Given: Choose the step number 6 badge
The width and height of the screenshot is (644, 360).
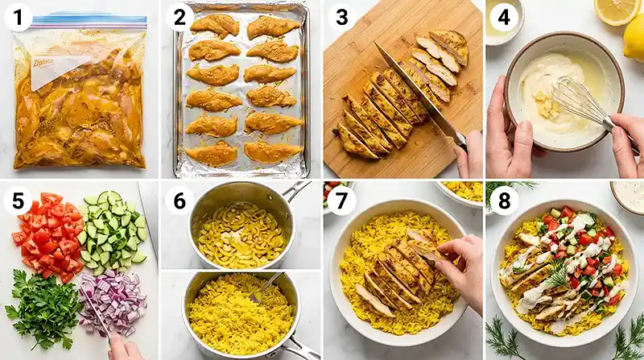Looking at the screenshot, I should click(x=178, y=198).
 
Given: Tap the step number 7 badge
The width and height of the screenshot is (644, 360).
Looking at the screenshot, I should click(x=341, y=198).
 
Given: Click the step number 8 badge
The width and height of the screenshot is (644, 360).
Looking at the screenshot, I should click(x=503, y=198).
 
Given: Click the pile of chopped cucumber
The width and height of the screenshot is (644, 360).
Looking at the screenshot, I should click(x=113, y=230).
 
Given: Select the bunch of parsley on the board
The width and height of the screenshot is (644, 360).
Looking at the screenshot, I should click(x=44, y=310).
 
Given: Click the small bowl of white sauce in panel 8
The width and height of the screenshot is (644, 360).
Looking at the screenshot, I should click(x=628, y=196).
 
